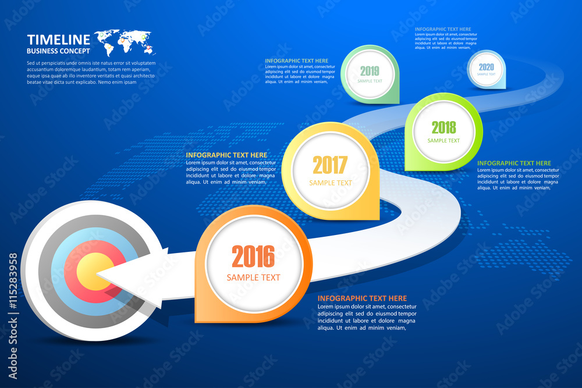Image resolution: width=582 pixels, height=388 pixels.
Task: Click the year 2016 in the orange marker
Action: pyautogui.click(x=253, y=257)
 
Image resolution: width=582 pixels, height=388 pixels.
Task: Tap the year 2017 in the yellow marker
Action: pyautogui.click(x=330, y=165)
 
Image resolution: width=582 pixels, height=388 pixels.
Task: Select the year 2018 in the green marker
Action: pyautogui.click(x=443, y=127)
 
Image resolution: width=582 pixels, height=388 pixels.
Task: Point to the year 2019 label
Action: pyautogui.click(x=370, y=71)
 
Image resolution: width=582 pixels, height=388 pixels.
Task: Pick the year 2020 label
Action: pyautogui.click(x=487, y=67)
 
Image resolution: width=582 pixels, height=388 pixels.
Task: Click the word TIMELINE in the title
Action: pyautogui.click(x=59, y=40)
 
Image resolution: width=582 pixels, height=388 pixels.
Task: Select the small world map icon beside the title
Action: pyautogui.click(x=123, y=41)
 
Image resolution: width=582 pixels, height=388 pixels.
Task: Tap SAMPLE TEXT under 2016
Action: pyautogui.click(x=253, y=277)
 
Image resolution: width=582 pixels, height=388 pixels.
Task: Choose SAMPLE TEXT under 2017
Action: pyautogui.click(x=330, y=183)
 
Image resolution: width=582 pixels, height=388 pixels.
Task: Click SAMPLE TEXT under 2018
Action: pyautogui.click(x=443, y=140)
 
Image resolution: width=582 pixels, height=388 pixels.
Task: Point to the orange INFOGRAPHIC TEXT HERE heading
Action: pyautogui.click(x=362, y=298)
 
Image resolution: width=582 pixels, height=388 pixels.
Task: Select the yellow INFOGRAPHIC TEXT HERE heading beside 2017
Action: pyautogui.click(x=226, y=155)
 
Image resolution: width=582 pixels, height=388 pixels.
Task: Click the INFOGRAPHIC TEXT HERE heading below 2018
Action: pyautogui.click(x=514, y=163)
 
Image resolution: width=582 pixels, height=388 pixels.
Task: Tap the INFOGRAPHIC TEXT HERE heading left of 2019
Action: pyautogui.click(x=296, y=60)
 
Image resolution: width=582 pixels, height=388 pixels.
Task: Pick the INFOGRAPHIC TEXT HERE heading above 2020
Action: pyautogui.click(x=443, y=29)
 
